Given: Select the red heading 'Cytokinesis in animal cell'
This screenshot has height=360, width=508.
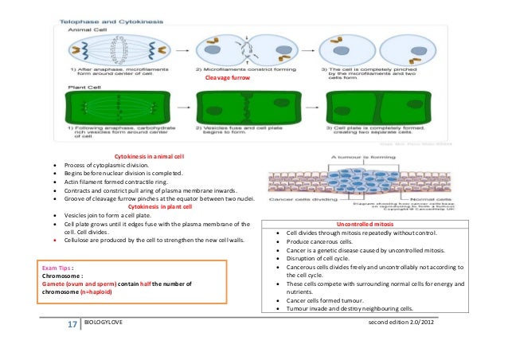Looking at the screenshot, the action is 150,157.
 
